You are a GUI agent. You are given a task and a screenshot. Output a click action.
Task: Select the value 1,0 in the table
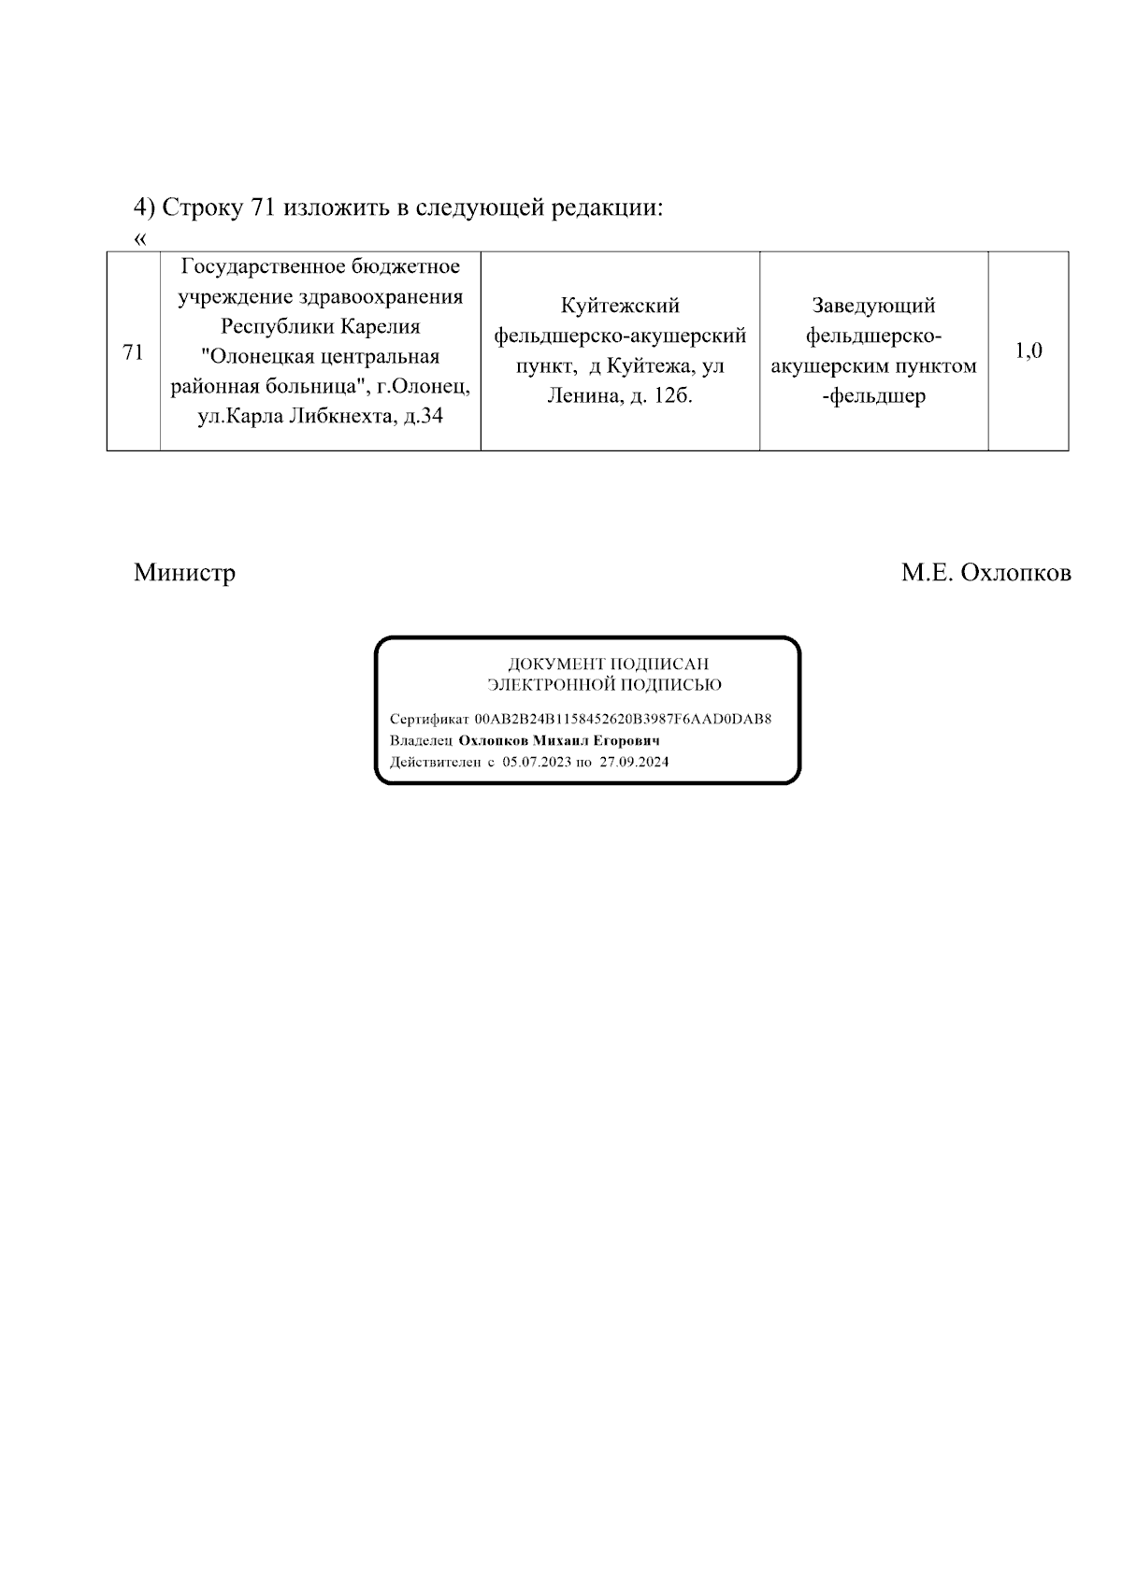(1028, 351)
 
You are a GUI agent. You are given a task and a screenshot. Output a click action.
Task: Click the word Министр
(184, 573)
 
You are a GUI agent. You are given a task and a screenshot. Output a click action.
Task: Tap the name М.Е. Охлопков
(985, 573)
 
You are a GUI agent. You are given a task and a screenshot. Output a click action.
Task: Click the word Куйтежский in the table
(620, 306)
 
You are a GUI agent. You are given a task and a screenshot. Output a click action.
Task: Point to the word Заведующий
(873, 306)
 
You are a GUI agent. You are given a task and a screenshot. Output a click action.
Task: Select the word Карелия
(379, 327)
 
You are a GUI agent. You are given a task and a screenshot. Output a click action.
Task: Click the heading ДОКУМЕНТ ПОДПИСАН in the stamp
(608, 664)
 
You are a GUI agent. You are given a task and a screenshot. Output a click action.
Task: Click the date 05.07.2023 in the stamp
(536, 762)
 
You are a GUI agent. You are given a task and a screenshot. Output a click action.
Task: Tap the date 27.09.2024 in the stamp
(634, 762)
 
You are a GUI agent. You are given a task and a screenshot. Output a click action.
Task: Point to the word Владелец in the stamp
(421, 741)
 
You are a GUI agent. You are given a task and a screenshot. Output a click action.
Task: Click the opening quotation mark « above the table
(140, 238)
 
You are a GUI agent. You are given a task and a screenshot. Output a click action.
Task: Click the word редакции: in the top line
(607, 207)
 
